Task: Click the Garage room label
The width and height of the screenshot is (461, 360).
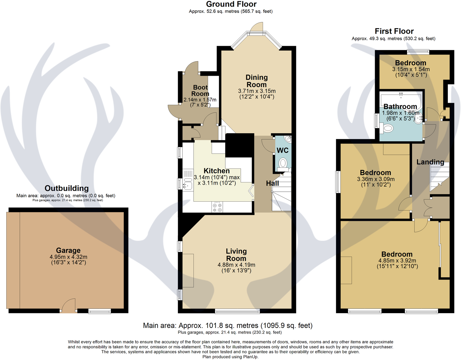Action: (x=68, y=250)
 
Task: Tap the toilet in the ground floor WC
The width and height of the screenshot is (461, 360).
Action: (x=282, y=164)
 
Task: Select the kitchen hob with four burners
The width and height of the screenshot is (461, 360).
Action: (x=217, y=207)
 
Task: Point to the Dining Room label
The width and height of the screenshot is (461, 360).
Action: (x=257, y=81)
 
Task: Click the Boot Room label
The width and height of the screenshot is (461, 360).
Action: (x=200, y=90)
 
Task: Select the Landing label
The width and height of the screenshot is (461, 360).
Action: (x=430, y=162)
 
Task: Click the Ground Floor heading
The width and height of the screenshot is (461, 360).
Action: (x=231, y=4)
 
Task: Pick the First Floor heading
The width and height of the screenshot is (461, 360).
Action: (x=394, y=31)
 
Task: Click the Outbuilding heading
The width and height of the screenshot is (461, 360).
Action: (x=67, y=188)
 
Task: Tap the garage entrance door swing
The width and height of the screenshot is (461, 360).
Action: (x=68, y=305)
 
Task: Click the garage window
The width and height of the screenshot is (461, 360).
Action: (x=99, y=311)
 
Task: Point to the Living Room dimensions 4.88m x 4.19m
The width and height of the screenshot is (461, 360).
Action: (x=236, y=265)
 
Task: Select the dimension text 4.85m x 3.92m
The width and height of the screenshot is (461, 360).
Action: (x=397, y=260)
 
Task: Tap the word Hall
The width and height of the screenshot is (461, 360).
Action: (x=272, y=183)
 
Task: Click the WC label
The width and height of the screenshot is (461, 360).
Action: (x=282, y=150)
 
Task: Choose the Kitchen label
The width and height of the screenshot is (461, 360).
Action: (x=217, y=171)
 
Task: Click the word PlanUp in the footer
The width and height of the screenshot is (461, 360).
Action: (x=250, y=357)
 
